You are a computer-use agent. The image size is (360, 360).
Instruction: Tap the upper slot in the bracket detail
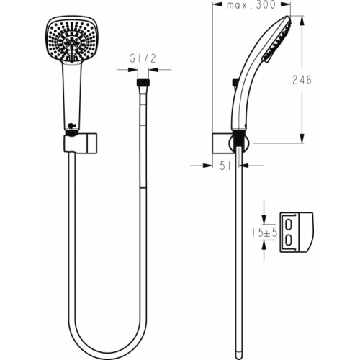(289, 224)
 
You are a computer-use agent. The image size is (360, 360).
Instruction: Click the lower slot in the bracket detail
(289, 240)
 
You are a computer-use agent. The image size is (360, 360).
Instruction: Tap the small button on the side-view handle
(235, 84)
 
